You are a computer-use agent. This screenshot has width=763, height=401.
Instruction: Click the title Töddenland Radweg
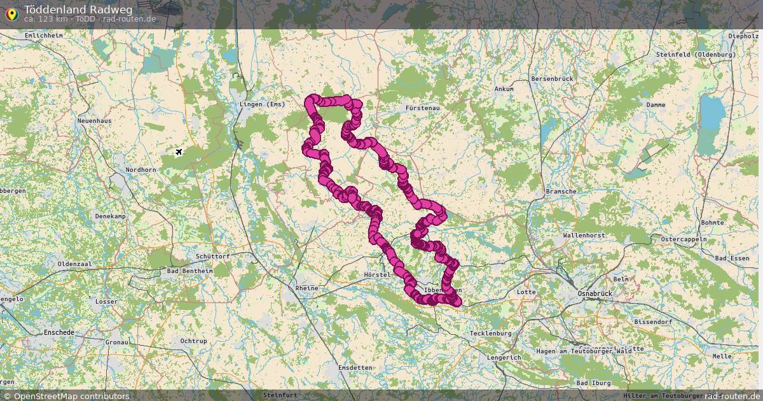(x=78, y=9)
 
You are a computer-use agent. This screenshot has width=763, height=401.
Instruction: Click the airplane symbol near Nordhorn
(x=179, y=151)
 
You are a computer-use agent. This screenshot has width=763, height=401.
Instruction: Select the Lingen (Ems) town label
(x=262, y=104)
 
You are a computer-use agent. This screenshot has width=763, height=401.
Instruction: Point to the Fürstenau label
(x=423, y=108)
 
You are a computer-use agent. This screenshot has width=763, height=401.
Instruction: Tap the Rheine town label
(x=306, y=288)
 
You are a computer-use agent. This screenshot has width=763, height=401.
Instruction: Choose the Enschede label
(x=58, y=332)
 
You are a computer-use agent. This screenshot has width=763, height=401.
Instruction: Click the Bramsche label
(x=561, y=191)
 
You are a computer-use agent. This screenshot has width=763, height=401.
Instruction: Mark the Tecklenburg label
(x=490, y=333)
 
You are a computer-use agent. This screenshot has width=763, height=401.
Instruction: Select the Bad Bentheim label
(x=189, y=271)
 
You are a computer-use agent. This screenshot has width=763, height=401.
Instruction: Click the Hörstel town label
(x=376, y=274)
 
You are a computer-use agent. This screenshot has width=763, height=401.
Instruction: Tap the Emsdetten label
(x=355, y=368)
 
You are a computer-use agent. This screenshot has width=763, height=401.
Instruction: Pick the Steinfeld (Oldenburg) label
(x=696, y=55)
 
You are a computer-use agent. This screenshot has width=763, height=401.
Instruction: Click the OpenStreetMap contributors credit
(x=71, y=396)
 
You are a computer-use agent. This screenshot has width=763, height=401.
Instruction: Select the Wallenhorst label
(x=583, y=235)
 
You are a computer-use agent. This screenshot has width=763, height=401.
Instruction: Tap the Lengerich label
(x=504, y=357)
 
